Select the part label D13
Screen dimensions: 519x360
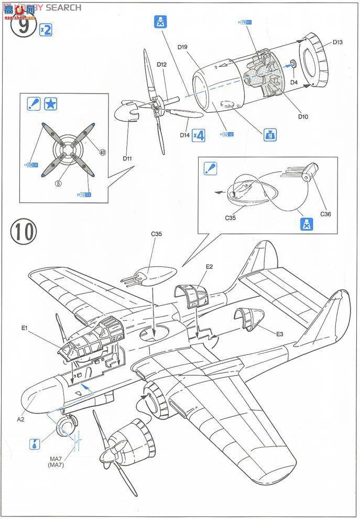point(337,42)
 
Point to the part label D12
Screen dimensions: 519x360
point(161,64)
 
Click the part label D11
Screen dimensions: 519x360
point(128,157)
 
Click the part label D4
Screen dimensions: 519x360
point(294,82)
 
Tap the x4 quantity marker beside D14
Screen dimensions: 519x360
point(198,135)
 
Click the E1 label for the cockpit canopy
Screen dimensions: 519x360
point(25,329)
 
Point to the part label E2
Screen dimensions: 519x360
point(209,267)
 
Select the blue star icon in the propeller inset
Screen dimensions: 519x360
point(51,104)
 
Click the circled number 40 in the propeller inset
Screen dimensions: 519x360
point(103,153)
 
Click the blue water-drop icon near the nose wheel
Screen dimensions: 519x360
point(35,444)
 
